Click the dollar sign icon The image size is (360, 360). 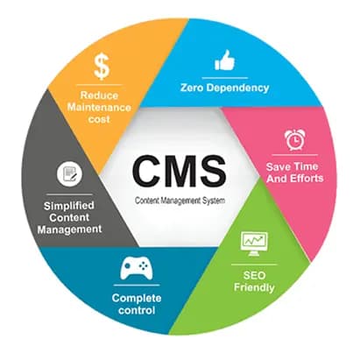coord(102,67)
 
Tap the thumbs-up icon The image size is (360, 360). coord(224,60)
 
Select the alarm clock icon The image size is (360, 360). coord(295,140)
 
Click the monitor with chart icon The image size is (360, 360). coord(254,244)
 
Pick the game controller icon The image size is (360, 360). coord(137,267)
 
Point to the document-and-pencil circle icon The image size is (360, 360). coord(69,174)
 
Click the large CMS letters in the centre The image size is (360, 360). coord(180,172)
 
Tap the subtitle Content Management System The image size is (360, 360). coord(180,201)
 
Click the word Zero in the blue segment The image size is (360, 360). coord(192,88)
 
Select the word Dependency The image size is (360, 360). coord(237,88)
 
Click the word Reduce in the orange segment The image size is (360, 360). coord(99,95)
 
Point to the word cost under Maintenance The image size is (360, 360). coord(99,119)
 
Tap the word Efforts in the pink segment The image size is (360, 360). coord(308,178)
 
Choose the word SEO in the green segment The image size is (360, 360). coord(254,275)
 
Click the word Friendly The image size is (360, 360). coord(254,287)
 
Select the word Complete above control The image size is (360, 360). coord(137,299)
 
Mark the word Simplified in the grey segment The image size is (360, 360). coord(69,206)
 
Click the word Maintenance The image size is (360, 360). coord(99,107)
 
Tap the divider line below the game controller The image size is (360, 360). coord(137,286)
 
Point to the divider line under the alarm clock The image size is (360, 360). coord(295,155)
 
